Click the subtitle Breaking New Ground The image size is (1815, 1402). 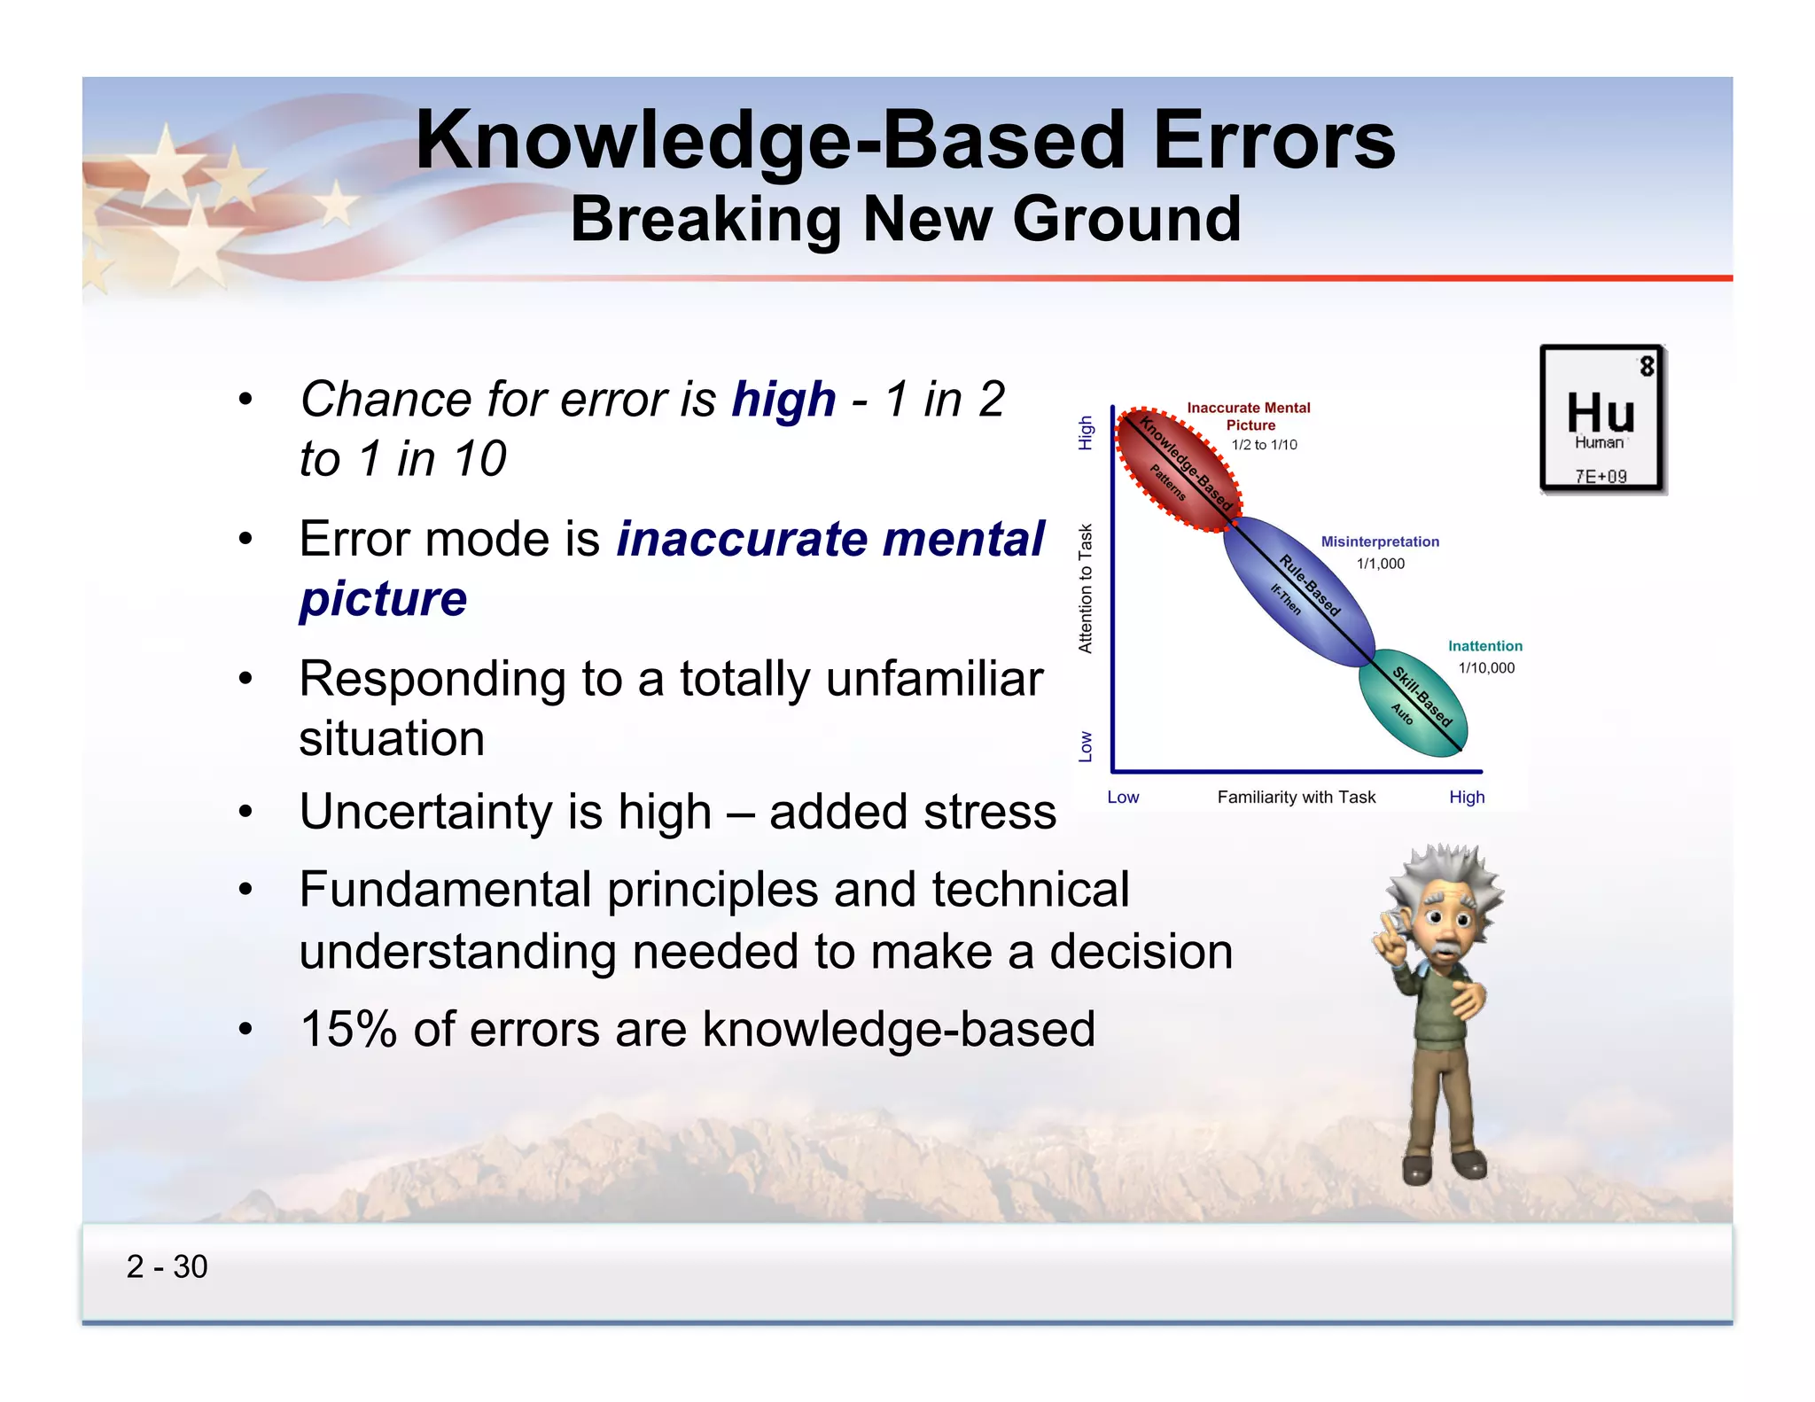coord(905,219)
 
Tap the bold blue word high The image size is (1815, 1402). coord(783,400)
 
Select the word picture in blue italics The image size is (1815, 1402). coord(383,599)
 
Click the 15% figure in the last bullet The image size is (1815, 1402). coord(348,1030)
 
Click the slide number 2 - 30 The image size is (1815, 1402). coord(167,1266)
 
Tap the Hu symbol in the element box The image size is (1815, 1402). coord(1600,412)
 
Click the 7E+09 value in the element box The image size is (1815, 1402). coord(1601,476)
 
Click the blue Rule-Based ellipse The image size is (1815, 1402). coord(1298,591)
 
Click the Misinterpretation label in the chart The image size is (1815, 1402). coord(1379,541)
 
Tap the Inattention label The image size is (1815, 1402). coord(1484,646)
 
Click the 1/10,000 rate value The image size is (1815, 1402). coord(1486,668)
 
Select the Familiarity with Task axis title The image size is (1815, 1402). coord(1296,797)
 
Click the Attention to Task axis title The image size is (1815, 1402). coord(1086,588)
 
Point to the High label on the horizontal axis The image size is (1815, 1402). coord(1466,797)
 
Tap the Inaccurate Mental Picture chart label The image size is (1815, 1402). coord(1248,416)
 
